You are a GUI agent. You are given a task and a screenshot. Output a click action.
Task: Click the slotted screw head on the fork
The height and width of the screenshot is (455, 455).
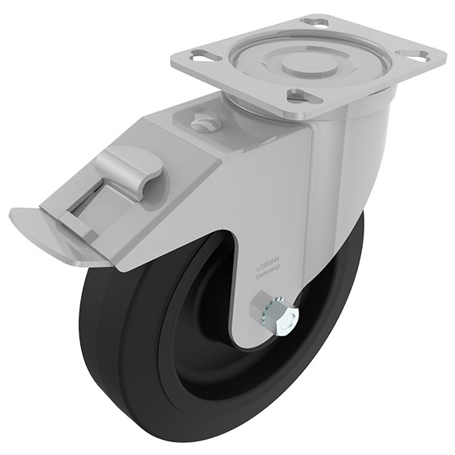(x=203, y=124)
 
